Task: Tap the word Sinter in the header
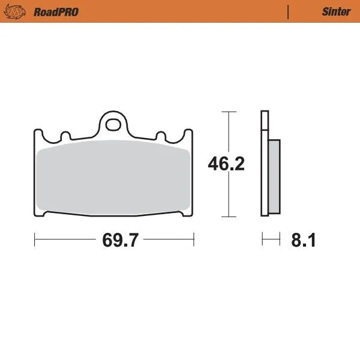(336, 11)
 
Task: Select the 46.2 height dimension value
(226, 164)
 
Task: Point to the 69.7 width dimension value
(121, 241)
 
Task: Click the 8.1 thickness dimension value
(303, 241)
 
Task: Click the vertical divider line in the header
(289, 11)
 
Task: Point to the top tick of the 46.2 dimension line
(226, 112)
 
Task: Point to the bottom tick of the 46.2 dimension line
(226, 216)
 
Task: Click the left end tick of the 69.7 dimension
(35, 241)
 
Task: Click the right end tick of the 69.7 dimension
(194, 241)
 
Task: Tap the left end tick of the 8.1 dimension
(263, 241)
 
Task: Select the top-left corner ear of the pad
(38, 135)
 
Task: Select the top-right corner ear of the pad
(189, 135)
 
